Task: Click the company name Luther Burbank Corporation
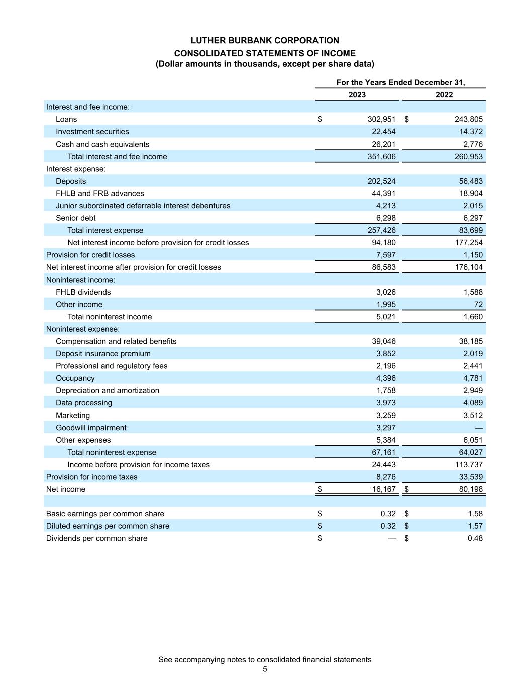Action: coord(265,40)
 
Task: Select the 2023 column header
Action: coord(357,95)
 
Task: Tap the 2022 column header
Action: coord(444,95)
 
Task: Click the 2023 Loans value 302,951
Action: coord(381,119)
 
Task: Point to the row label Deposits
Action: coord(71,181)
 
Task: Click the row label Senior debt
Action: coord(75,218)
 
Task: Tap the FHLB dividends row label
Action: coord(83,292)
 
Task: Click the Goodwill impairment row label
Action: coord(91,428)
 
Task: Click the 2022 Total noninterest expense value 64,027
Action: coord(471,452)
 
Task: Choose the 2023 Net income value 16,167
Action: coord(384,489)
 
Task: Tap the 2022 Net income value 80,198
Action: coord(471,489)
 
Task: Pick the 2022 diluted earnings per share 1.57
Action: coord(475,526)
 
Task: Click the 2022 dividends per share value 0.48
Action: coord(475,538)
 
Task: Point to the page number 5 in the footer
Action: coord(265,669)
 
